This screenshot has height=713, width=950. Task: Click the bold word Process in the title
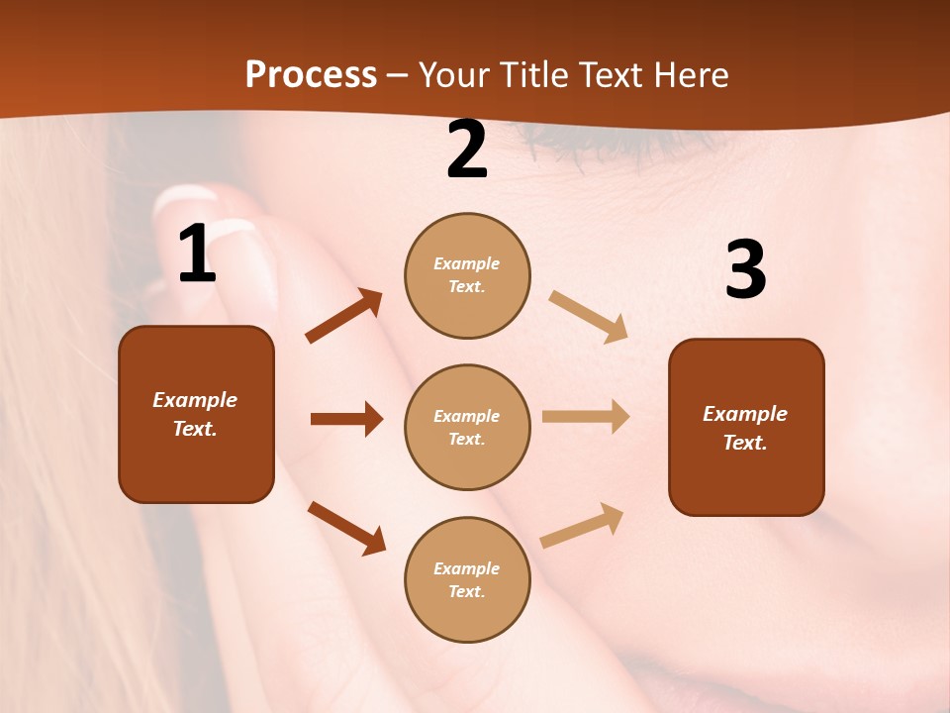(311, 75)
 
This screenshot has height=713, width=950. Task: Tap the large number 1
(197, 255)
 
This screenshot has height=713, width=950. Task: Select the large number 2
(467, 151)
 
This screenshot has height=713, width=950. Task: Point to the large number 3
(745, 269)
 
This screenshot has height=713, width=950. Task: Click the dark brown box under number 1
(196, 414)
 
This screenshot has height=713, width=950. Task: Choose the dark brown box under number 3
(746, 427)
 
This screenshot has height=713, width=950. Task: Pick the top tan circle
(467, 275)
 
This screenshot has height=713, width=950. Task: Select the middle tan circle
(467, 427)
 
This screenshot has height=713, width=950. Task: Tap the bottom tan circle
(467, 579)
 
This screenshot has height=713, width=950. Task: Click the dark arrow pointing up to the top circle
(343, 316)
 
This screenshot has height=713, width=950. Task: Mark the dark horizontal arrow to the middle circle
(346, 419)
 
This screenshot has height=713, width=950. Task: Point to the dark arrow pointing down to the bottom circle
(346, 528)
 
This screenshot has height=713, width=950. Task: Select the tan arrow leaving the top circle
(589, 316)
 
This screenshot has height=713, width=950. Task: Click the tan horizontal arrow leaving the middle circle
(586, 416)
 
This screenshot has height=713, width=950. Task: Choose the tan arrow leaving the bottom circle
(582, 525)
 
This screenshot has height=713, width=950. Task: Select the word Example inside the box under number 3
(745, 414)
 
